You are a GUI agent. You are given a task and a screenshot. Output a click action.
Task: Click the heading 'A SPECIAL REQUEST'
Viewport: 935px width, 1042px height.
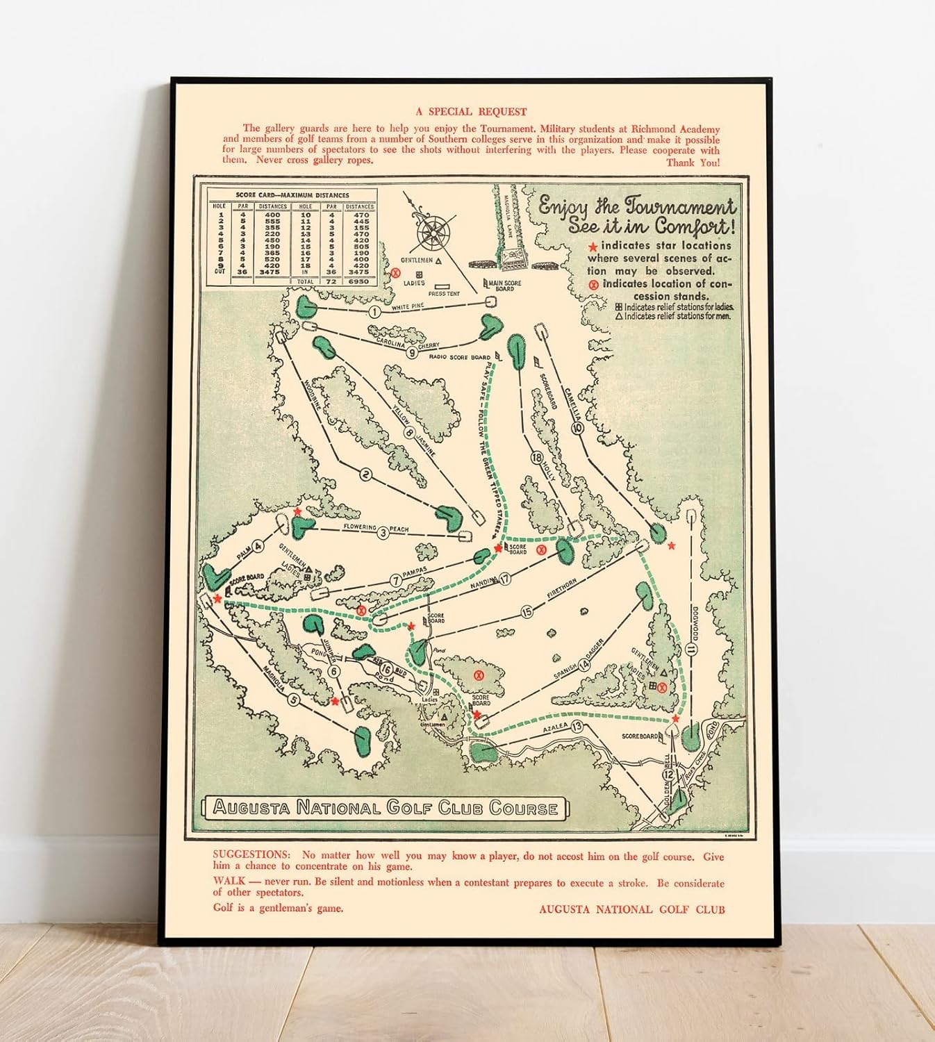[x=471, y=111]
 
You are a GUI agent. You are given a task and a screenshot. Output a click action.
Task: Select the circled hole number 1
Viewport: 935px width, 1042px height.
[x=374, y=313]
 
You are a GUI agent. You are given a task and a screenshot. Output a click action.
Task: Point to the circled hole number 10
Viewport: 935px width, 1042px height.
[x=577, y=429]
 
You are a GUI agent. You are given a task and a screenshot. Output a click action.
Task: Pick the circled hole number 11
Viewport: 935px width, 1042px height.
[x=690, y=650]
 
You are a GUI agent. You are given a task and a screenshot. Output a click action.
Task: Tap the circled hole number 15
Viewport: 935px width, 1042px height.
[x=527, y=612]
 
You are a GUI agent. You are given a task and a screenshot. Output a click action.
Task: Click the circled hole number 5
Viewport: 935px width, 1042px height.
[x=294, y=700]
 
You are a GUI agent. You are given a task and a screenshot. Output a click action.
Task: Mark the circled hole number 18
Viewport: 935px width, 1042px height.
[x=536, y=458]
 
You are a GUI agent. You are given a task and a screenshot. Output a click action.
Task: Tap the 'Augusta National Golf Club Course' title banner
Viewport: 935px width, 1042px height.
[x=385, y=808]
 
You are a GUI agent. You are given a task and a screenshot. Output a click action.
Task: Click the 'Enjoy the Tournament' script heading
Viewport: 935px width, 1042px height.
[x=636, y=206]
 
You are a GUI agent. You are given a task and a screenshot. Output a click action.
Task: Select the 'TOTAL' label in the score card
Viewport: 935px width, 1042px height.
[x=305, y=281]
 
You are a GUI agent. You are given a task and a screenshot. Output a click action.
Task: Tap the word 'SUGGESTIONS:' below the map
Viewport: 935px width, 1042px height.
[x=251, y=854]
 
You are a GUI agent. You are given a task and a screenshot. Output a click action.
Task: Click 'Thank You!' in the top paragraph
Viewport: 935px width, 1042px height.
[x=693, y=163]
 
